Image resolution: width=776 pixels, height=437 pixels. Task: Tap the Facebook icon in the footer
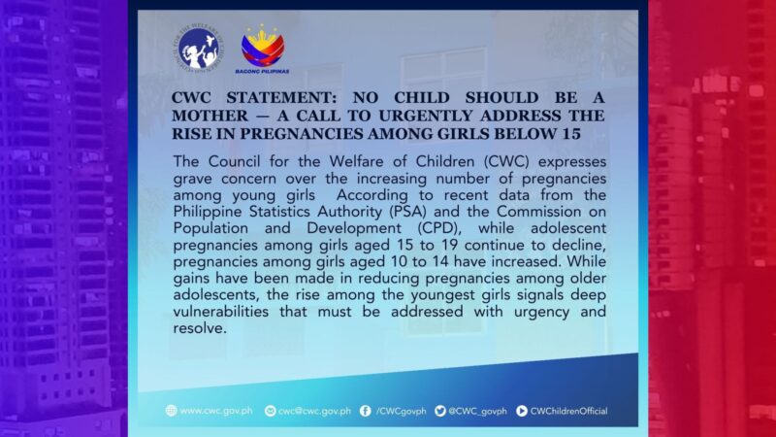tap(364, 411)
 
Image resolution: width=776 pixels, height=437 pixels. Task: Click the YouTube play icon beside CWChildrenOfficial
tap(522, 411)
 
